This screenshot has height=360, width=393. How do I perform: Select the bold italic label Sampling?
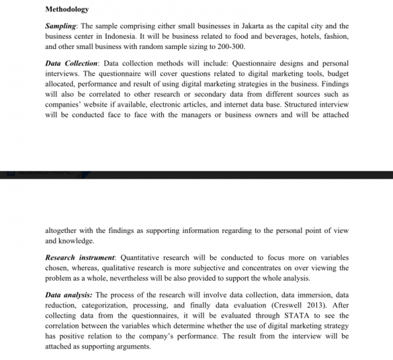[x=61, y=24]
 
